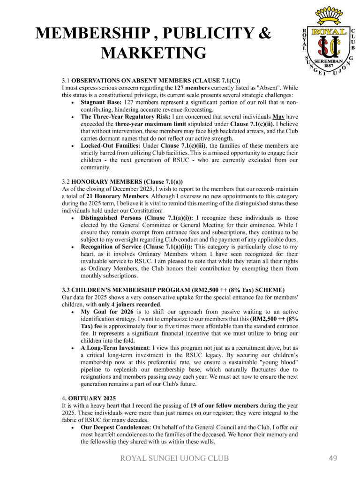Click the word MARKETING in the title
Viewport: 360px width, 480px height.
click(153, 52)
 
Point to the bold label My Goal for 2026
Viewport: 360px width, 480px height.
click(108, 311)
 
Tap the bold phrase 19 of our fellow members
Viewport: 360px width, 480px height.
click(224, 405)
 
